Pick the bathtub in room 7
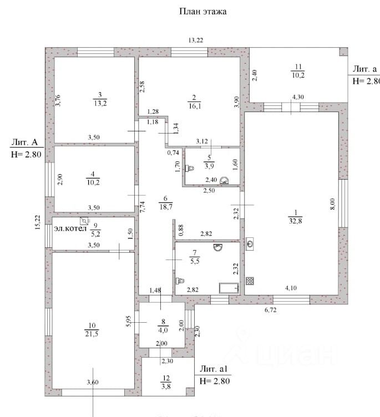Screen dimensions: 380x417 point(229,288)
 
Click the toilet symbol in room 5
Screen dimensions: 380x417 point(190,167)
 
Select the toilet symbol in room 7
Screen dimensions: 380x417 point(180,281)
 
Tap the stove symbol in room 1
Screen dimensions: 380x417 point(250,281)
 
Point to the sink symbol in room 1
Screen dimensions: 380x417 point(251,243)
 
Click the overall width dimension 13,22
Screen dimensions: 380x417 point(195,39)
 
